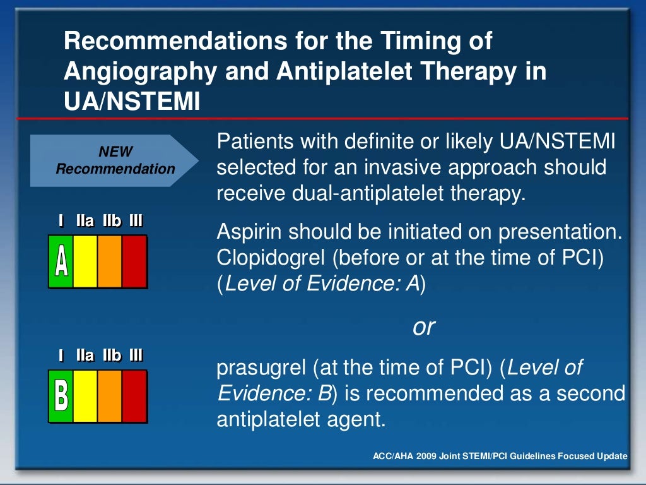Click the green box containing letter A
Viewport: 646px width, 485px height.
pos(61,261)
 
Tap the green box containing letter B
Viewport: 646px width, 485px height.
pos(61,396)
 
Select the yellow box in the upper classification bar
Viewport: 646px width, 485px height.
pos(85,261)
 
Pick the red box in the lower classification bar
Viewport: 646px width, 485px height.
pos(134,396)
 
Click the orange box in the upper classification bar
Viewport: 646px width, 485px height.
pos(110,261)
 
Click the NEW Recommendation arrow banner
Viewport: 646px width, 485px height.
pos(114,160)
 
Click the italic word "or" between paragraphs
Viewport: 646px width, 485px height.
pos(424,326)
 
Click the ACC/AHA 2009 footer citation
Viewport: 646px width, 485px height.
pos(500,456)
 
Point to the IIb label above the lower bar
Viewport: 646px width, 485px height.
pos(112,356)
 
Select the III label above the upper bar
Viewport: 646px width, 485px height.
pos(136,221)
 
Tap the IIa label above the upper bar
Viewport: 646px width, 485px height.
pos(85,221)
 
